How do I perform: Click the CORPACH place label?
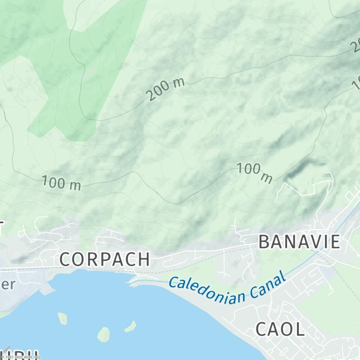coord(104,259)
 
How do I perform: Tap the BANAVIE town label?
coord(299,242)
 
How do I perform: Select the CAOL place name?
coord(280,329)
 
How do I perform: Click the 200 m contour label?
coord(165,89)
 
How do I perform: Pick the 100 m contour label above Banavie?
coord(255,173)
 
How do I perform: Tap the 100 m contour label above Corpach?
coord(61,183)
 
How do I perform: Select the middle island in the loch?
coord(103,333)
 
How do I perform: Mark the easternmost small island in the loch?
coord(130,326)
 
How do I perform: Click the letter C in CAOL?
coord(262,329)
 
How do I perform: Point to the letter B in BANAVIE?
coord(264,242)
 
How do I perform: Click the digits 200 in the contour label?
coord(157,92)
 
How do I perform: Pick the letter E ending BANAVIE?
coord(335,242)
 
